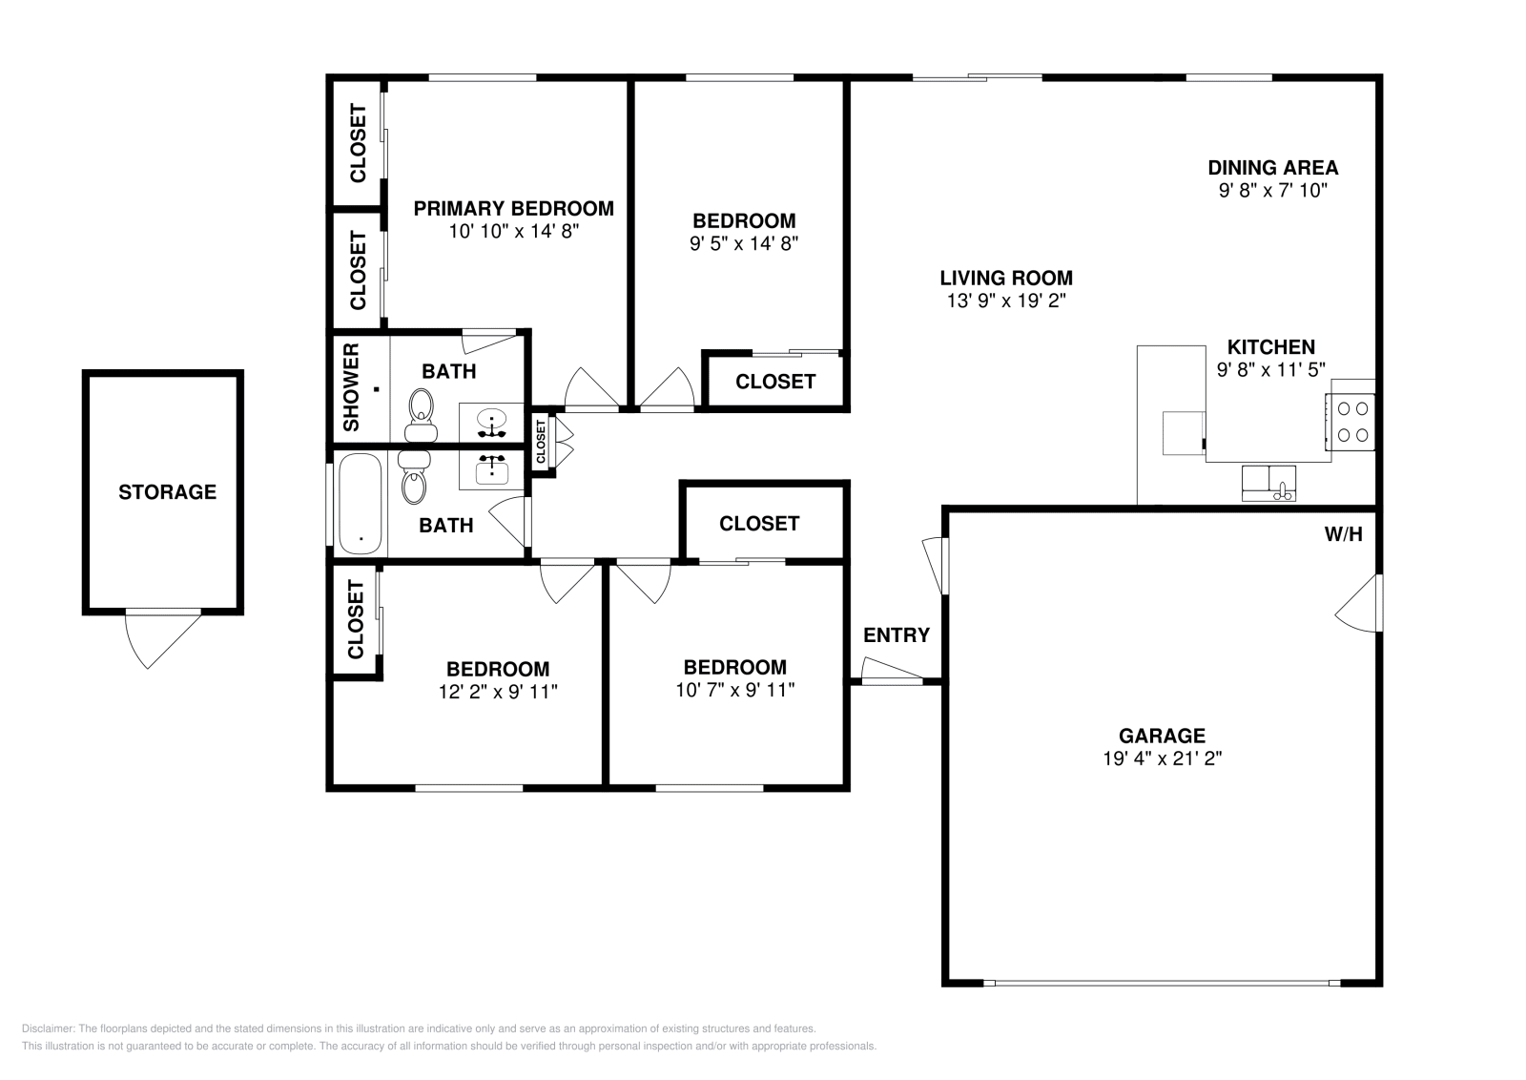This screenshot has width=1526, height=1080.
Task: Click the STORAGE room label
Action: point(167,492)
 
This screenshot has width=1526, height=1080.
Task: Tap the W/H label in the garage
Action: point(1344,534)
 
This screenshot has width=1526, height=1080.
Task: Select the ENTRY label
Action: point(897,635)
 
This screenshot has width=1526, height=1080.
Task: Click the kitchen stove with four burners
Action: point(1351,422)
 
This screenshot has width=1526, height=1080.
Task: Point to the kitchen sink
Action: point(1268,483)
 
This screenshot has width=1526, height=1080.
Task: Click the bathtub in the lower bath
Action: point(360,505)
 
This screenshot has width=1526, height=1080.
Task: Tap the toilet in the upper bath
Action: point(421,416)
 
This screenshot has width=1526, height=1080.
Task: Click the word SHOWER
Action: point(351,387)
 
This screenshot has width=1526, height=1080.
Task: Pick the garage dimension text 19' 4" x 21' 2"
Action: point(1163,758)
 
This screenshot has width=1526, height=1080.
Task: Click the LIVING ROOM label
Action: point(1006,278)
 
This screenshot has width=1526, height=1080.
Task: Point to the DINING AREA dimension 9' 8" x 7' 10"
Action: point(1273,190)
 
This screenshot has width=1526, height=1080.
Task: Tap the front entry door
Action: point(893,671)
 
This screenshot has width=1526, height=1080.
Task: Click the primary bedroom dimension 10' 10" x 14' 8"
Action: point(514,232)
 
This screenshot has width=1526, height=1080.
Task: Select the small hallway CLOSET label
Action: point(541,442)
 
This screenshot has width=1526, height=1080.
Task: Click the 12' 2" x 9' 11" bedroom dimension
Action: point(498,692)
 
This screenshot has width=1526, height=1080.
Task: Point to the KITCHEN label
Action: point(1271,347)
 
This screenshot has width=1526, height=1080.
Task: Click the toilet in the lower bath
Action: point(414,477)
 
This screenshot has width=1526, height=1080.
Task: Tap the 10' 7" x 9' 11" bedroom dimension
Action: point(735,690)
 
